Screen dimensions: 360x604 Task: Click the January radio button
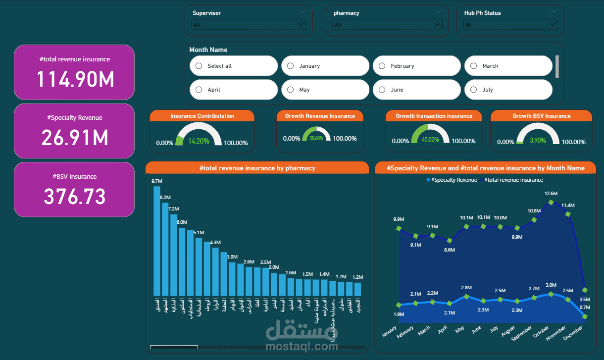click(291, 66)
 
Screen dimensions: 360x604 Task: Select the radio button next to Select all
click(199, 66)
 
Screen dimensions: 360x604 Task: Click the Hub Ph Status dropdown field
click(510, 24)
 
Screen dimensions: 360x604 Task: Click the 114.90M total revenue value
click(75, 79)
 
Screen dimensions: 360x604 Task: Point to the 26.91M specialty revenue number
click(75, 138)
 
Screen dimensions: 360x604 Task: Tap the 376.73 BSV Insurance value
click(75, 197)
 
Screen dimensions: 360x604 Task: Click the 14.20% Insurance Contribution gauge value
click(199, 141)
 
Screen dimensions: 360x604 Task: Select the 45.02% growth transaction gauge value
click(430, 140)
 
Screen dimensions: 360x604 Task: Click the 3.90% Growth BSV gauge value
click(538, 140)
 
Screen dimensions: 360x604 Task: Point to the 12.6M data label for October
click(551, 193)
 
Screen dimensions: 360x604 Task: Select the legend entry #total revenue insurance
click(513, 180)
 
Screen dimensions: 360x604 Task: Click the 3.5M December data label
click(585, 299)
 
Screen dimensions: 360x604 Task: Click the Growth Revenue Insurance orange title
click(320, 116)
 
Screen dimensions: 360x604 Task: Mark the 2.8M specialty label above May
click(466, 288)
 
